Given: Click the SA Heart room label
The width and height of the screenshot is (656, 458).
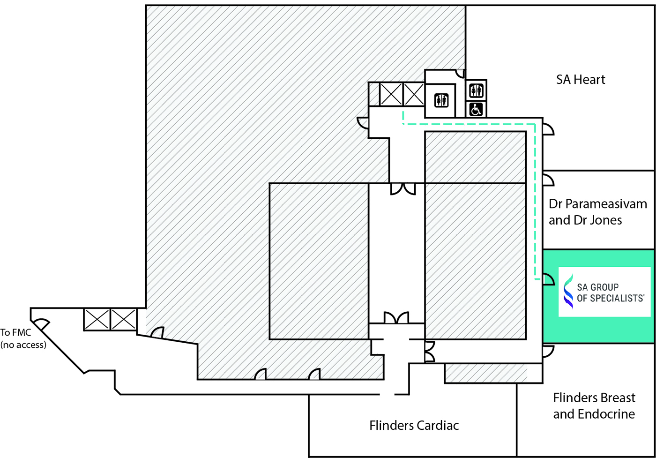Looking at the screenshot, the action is [581, 80].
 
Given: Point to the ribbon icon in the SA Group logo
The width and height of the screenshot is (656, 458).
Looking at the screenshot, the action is [569, 291].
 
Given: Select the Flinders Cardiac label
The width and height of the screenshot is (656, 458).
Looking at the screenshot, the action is [414, 426].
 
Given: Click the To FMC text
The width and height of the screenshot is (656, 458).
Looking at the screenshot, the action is [15, 332].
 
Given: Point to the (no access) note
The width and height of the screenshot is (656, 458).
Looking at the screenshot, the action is [23, 345].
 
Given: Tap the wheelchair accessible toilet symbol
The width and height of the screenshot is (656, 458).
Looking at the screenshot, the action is [476, 110].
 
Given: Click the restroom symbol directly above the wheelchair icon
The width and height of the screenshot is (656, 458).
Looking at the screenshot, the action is [476, 91].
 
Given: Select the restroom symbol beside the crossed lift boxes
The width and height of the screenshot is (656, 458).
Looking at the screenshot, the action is [441, 100].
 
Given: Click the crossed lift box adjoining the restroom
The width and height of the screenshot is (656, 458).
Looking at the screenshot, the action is [414, 94].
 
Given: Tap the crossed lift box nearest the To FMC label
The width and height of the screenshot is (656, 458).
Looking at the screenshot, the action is [97, 319].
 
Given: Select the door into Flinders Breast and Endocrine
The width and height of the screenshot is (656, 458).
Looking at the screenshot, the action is [548, 351].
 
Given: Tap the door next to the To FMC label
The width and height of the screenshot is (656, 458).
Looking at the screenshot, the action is [41, 324].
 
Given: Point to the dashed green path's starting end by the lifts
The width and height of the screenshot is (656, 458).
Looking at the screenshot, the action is [403, 112].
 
